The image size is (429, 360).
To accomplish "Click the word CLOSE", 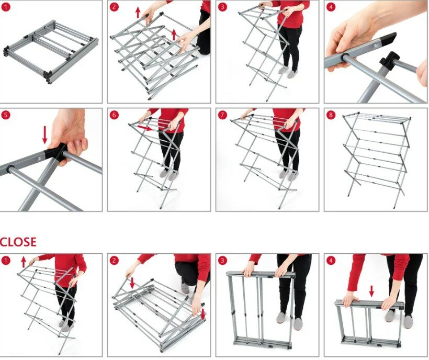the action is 18,242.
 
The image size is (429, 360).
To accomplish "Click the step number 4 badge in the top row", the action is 331,7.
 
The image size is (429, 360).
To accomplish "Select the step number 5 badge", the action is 6,115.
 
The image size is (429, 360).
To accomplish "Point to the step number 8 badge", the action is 331,115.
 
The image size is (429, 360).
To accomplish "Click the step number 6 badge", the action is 114,115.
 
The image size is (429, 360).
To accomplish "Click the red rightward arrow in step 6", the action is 145,128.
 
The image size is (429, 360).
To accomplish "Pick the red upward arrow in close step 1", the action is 24,262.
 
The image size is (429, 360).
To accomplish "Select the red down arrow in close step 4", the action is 371,291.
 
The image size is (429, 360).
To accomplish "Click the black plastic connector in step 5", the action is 56,154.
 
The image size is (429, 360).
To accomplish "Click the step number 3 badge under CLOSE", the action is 222,261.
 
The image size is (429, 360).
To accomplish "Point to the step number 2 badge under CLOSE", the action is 114,261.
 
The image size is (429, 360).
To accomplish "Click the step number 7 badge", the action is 222,115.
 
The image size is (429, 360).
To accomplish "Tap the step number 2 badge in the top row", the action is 114,7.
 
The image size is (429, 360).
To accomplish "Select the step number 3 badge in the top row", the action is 222,7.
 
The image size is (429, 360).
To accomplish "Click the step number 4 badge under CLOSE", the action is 331,261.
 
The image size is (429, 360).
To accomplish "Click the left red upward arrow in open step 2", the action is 138,13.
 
